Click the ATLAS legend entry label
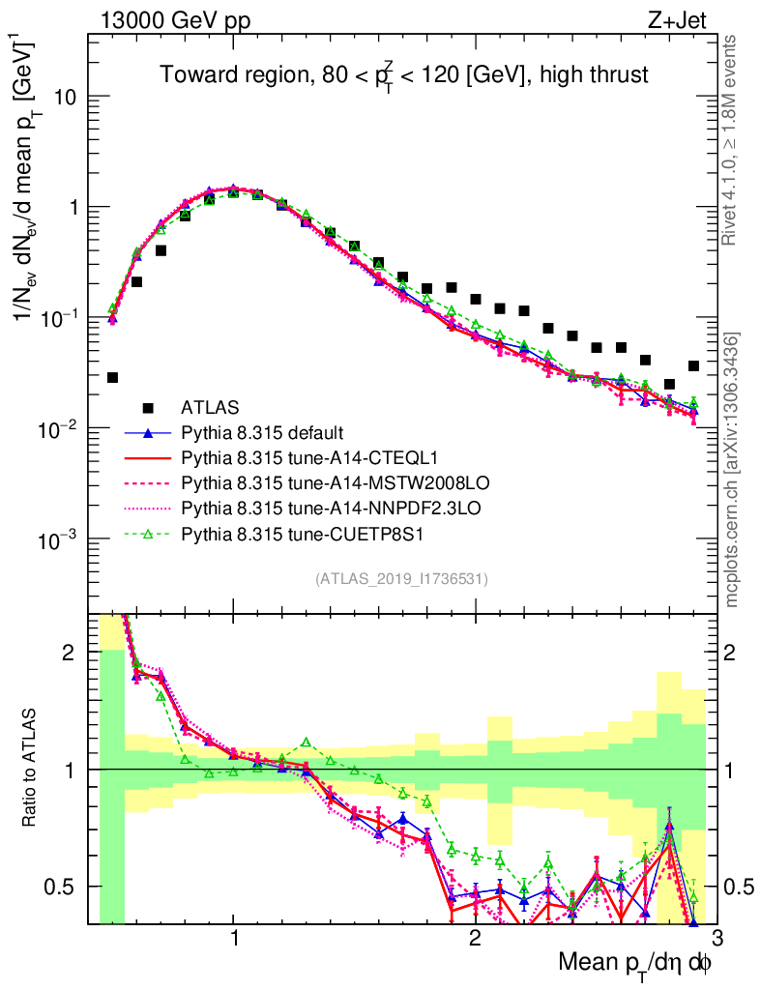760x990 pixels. coord(210,407)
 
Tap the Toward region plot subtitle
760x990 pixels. coord(404,74)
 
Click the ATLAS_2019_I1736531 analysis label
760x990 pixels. coord(401,579)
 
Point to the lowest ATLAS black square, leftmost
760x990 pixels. coord(113,377)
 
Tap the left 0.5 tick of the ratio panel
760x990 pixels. coord(66,887)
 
